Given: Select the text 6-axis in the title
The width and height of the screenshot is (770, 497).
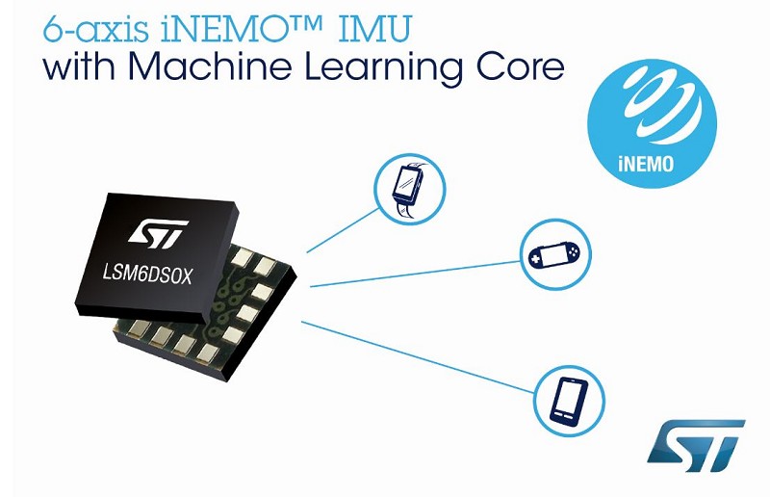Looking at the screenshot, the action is (95, 29).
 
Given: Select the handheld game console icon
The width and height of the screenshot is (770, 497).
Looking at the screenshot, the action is (555, 254).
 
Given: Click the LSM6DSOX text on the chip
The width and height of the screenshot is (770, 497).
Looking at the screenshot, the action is (147, 275).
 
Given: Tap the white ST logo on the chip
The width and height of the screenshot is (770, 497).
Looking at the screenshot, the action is (158, 232).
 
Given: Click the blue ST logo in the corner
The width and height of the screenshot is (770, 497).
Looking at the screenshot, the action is (696, 445).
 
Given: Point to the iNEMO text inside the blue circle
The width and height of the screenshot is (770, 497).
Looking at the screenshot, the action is (645, 163).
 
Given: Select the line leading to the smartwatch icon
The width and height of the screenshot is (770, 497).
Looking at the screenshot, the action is (343, 230).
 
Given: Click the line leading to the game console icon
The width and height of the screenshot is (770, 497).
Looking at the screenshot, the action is (416, 274).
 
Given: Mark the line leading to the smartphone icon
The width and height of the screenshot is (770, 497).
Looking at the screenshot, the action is (418, 357).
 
